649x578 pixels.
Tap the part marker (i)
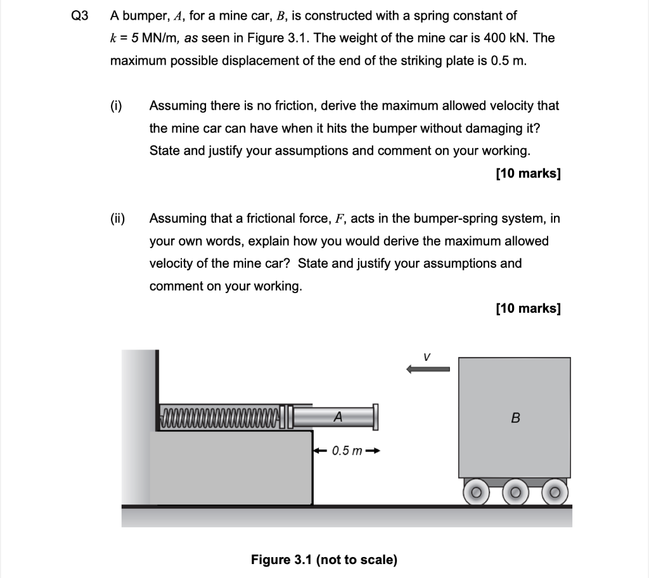coord(117,106)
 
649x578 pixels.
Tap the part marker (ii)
coord(118,218)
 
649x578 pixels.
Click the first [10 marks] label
coord(529,173)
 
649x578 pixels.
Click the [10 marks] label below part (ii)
coord(529,308)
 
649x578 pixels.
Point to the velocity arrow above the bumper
coord(428,369)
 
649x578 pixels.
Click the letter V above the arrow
coord(428,356)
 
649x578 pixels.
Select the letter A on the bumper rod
coord(338,417)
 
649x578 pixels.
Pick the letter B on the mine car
coord(515,418)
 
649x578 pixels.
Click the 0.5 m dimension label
coord(347,451)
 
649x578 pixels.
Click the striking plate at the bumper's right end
coord(376,417)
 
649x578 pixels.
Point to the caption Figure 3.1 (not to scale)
coord(324,560)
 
